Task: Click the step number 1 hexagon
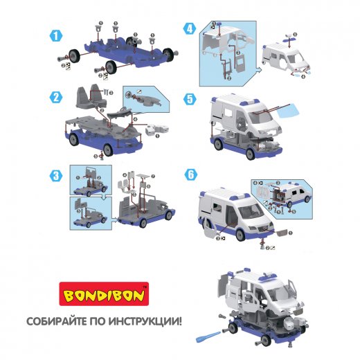(x=56, y=36)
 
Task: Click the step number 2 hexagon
(x=56, y=97)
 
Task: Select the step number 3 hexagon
(x=56, y=176)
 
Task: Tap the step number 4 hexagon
(x=190, y=29)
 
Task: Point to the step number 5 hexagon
(x=190, y=99)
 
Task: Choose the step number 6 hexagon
(x=191, y=174)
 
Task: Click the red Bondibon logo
(x=104, y=294)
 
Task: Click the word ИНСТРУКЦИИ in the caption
(x=145, y=321)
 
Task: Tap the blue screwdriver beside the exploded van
(x=208, y=336)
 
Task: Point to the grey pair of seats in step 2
(x=91, y=96)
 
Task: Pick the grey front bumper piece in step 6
(x=282, y=233)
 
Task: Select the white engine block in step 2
(x=157, y=129)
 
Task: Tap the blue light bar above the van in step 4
(x=289, y=39)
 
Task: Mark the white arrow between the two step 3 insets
(x=105, y=197)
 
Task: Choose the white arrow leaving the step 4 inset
(x=258, y=70)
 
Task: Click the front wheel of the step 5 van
(x=251, y=154)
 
